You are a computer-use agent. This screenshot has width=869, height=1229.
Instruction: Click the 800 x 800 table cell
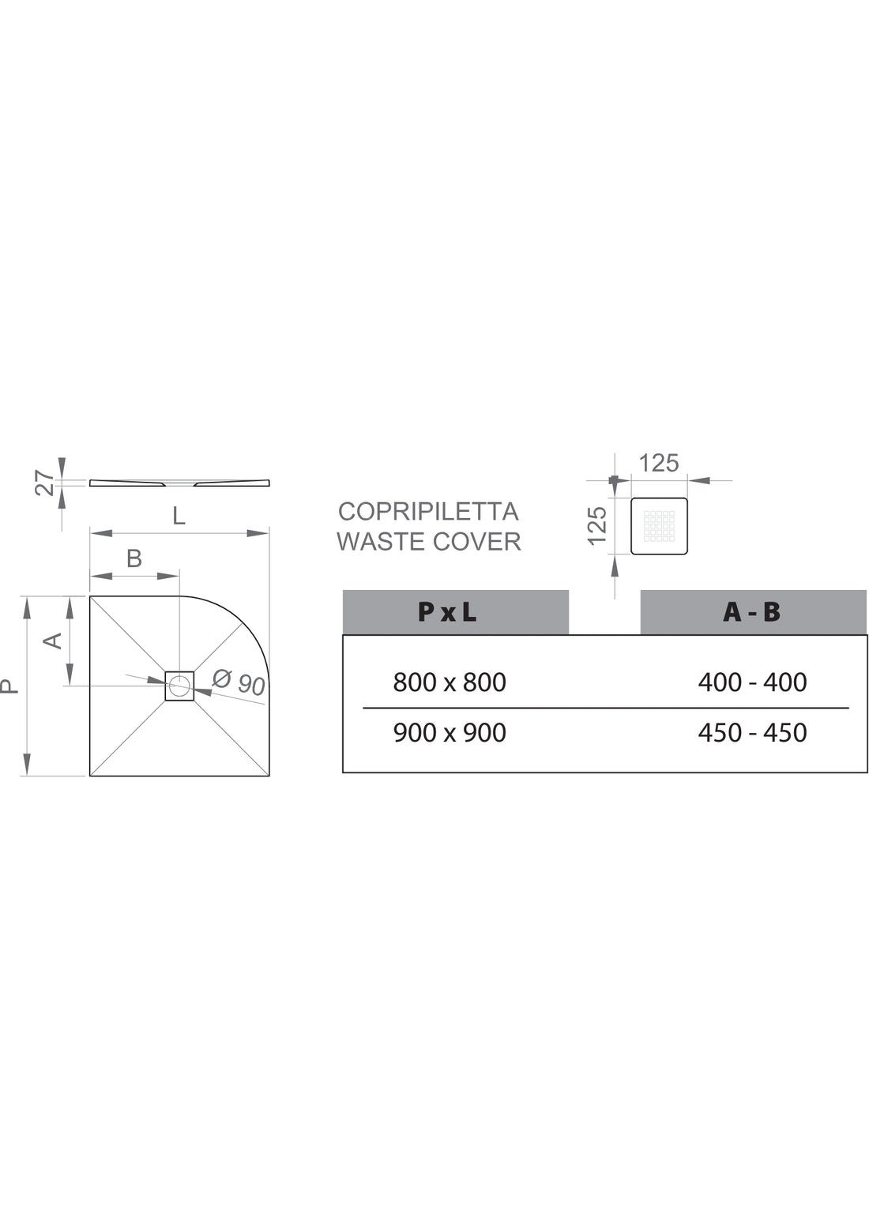(x=450, y=682)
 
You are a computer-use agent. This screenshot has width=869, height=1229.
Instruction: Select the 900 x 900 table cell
(x=450, y=732)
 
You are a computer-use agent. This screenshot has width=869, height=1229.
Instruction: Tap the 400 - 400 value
(x=752, y=682)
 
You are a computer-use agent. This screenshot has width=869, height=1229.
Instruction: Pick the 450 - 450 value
(x=752, y=732)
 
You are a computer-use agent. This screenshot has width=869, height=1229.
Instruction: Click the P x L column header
(x=447, y=612)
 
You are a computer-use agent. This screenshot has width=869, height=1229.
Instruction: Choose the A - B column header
(x=751, y=612)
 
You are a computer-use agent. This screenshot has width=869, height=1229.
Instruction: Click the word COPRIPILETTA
(x=428, y=512)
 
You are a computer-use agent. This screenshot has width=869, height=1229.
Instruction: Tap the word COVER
(x=476, y=542)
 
